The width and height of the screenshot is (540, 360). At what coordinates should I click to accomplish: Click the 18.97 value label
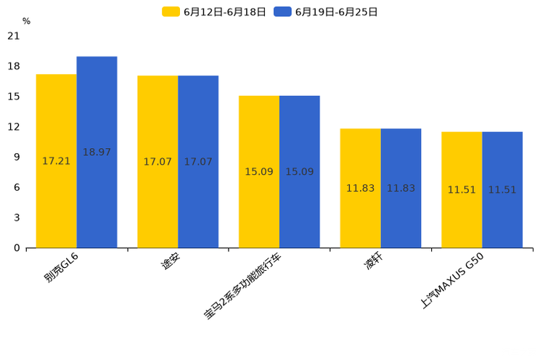[x=97, y=152]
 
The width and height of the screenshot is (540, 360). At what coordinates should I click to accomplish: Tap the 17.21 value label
[x=57, y=161]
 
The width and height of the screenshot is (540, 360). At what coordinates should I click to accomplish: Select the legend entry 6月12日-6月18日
[x=214, y=12]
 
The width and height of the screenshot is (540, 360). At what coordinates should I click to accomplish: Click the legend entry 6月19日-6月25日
[x=326, y=12]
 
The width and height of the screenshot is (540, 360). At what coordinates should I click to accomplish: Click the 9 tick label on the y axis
[x=17, y=157]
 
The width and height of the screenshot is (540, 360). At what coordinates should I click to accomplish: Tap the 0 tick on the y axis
[x=17, y=247]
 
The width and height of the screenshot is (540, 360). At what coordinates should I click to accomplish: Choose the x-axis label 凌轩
[x=373, y=263]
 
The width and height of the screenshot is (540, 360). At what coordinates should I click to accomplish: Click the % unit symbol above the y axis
[x=26, y=21]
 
